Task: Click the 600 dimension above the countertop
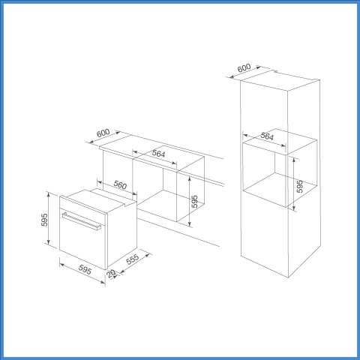(x=103, y=133)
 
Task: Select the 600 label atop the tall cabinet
(x=244, y=67)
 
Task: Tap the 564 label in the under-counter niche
(x=158, y=153)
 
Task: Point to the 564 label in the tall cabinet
(x=267, y=136)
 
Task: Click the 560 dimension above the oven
(x=120, y=184)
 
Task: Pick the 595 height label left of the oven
(x=44, y=220)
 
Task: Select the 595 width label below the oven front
(x=85, y=269)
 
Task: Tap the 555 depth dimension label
(x=133, y=259)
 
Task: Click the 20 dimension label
(x=111, y=273)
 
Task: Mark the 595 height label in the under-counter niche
(x=194, y=201)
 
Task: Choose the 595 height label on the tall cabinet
(x=299, y=187)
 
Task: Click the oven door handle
(x=82, y=220)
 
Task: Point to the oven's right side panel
(x=122, y=234)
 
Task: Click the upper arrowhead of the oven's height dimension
(x=48, y=194)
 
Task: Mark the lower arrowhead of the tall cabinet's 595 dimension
(x=294, y=208)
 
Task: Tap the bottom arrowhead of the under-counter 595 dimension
(x=190, y=223)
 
